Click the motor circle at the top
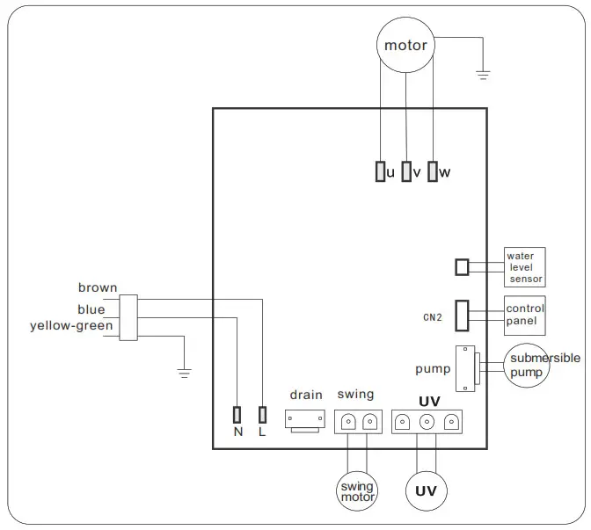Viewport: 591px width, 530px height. tap(405, 46)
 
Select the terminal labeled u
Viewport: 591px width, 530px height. tap(380, 171)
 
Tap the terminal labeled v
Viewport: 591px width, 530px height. tap(406, 171)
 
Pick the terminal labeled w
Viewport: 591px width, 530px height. tap(433, 171)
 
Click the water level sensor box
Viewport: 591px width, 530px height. tap(525, 267)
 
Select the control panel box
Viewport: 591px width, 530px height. tap(525, 316)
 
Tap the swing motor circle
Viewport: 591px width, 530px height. tap(357, 492)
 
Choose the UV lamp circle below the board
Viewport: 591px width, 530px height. tap(427, 490)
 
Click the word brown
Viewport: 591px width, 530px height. tap(97, 288)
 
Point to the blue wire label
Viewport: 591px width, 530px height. tap(91, 309)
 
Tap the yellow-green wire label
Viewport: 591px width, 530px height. tap(71, 326)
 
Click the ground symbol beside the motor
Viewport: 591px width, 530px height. tap(482, 76)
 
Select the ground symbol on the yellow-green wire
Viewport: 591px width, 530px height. tap(184, 373)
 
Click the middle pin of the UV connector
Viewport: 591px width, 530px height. tap(427, 422)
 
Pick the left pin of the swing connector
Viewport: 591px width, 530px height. tap(348, 422)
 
